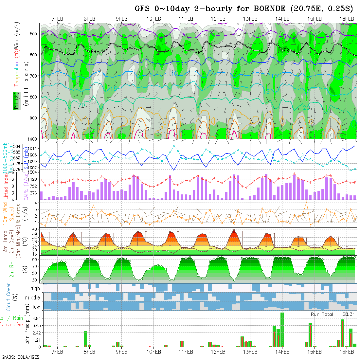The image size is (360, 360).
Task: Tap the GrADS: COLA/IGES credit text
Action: (x=20, y=357)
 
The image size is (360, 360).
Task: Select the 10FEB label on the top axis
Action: (x=154, y=19)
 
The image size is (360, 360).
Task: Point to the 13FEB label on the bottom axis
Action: (x=250, y=352)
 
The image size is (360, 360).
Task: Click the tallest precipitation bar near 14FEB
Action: (x=282, y=330)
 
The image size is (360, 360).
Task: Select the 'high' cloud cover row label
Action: (x=35, y=288)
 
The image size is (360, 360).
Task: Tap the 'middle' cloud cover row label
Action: (x=32, y=298)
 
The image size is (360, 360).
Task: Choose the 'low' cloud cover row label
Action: (x=36, y=307)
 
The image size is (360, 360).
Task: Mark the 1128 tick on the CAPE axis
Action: (x=33, y=179)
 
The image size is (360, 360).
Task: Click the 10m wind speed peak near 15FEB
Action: (x=306, y=202)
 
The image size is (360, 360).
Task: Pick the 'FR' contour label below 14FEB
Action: (x=286, y=50)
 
